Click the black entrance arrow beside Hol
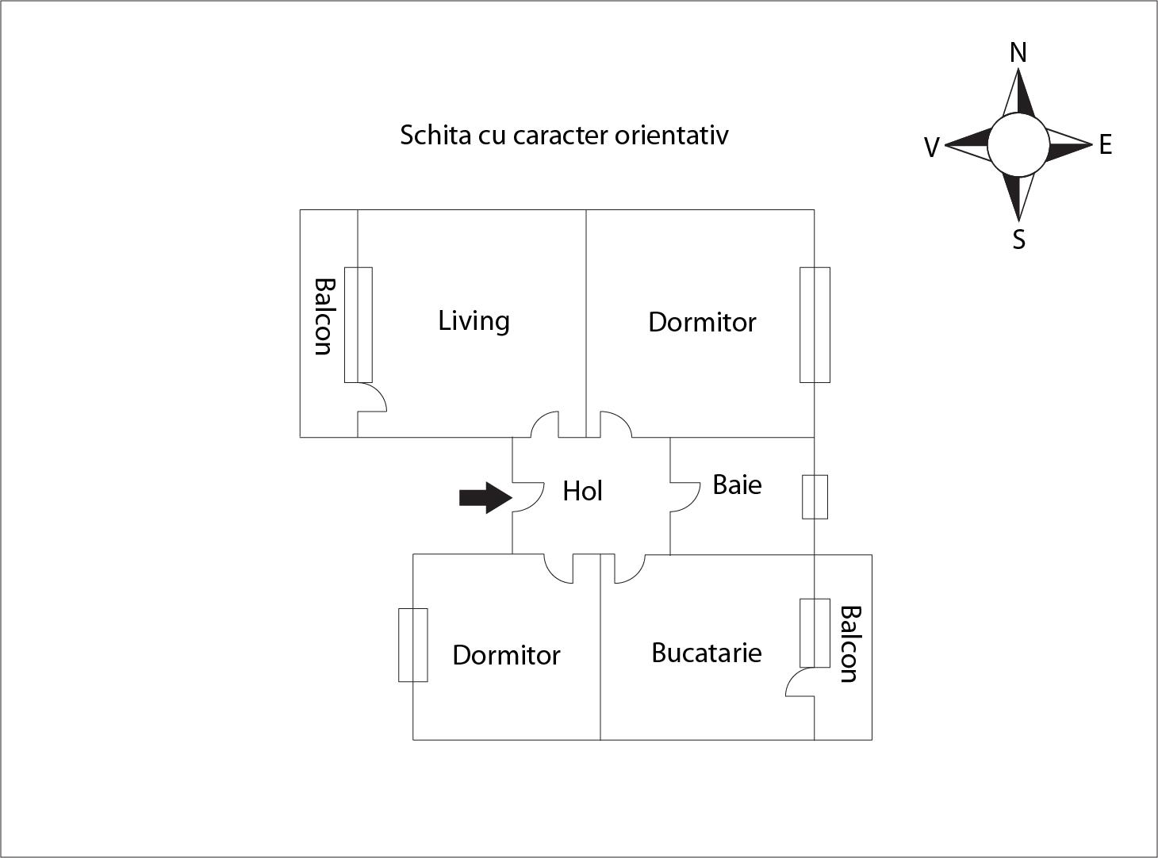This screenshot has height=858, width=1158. pyautogui.click(x=485, y=498)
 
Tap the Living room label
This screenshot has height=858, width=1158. pyautogui.click(x=474, y=321)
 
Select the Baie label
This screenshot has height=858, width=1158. pyautogui.click(x=737, y=485)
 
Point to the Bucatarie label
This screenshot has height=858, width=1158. pyautogui.click(x=707, y=653)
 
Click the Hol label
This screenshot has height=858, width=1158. pyautogui.click(x=582, y=492)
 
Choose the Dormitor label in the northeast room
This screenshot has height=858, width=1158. pyautogui.click(x=702, y=322)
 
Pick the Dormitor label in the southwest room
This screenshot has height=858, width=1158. pyautogui.click(x=507, y=655)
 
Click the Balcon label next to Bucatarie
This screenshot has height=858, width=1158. pyautogui.click(x=850, y=644)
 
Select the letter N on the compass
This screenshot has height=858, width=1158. pyautogui.click(x=1018, y=53)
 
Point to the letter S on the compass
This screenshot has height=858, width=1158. pyautogui.click(x=1018, y=239)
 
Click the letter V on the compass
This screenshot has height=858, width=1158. pyautogui.click(x=932, y=147)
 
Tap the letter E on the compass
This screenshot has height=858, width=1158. pyautogui.click(x=1106, y=144)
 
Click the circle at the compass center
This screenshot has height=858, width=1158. pyautogui.click(x=1018, y=144)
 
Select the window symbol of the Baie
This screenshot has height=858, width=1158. pyautogui.click(x=815, y=497)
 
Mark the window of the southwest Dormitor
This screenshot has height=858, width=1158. pyautogui.click(x=413, y=645)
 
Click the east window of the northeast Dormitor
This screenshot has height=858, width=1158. pyautogui.click(x=815, y=325)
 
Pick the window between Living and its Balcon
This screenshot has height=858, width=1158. pyautogui.click(x=359, y=325)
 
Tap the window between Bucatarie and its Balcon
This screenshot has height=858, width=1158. pyautogui.click(x=815, y=633)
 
